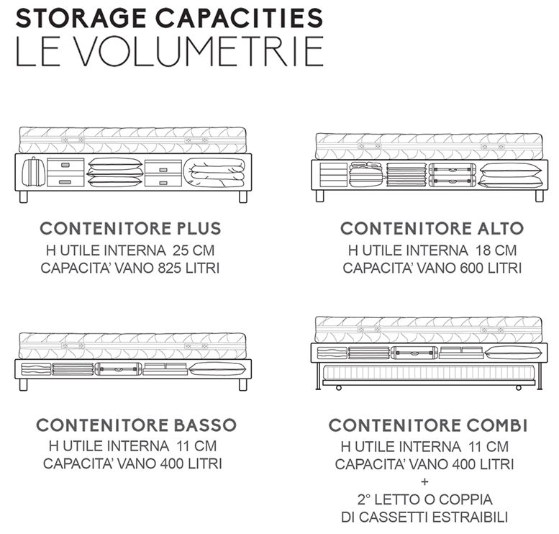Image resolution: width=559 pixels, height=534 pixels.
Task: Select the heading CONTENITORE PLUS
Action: (x=130, y=229)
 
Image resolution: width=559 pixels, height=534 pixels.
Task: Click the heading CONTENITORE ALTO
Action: (x=432, y=229)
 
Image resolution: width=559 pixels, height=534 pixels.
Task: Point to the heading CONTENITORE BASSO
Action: (x=135, y=425)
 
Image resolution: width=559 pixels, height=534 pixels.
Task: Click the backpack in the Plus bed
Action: (x=33, y=173)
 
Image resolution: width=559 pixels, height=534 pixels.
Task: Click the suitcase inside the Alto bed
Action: (x=453, y=175)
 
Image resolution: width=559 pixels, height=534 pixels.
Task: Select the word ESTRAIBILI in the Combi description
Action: (x=471, y=517)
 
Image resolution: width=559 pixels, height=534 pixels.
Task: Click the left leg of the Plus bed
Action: (x=24, y=196)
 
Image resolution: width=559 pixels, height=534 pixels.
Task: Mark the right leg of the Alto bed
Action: (x=539, y=196)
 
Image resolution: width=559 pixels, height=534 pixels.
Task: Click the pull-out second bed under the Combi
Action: (x=429, y=372)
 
